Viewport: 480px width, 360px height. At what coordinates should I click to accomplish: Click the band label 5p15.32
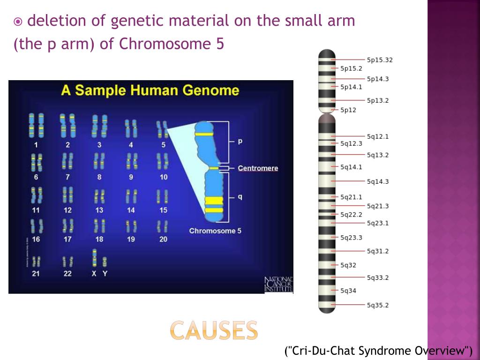click(x=379, y=60)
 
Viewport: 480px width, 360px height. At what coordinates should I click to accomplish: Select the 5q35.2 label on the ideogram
click(x=377, y=305)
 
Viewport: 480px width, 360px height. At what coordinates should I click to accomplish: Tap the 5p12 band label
click(x=348, y=110)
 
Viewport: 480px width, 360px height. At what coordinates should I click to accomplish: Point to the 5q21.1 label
click(x=351, y=197)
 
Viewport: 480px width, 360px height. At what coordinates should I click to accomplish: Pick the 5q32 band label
click(x=348, y=265)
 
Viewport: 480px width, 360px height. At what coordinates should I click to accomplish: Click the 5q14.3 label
click(x=377, y=181)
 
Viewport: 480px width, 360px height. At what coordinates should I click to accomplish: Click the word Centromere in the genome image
click(x=258, y=168)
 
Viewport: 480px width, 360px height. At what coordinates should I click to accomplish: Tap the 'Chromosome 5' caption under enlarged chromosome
click(x=215, y=231)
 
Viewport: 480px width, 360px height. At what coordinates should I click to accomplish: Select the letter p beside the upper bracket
click(x=240, y=141)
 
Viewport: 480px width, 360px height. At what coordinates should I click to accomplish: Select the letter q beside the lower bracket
click(x=240, y=197)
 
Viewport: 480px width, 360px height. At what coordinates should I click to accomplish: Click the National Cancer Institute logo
click(x=278, y=285)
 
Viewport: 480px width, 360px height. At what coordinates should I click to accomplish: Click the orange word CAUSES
click(x=214, y=330)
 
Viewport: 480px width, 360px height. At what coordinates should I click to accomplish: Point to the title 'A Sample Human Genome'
click(x=150, y=90)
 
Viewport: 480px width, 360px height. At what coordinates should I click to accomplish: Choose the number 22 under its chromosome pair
click(x=67, y=274)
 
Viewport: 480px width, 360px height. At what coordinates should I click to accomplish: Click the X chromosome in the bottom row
click(x=94, y=258)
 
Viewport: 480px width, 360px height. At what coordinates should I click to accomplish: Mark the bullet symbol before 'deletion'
click(x=18, y=21)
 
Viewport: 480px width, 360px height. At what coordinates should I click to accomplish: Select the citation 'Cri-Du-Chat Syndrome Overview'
click(x=379, y=351)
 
